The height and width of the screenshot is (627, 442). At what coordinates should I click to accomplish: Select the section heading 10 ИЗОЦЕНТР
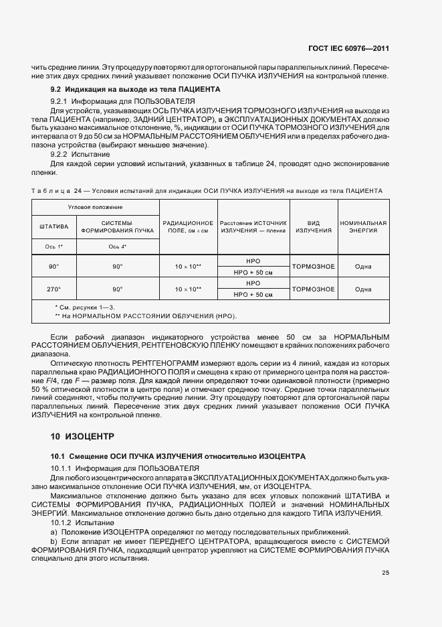pyautogui.click(x=82, y=436)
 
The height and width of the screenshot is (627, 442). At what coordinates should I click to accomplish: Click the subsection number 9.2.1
pyautogui.click(x=63, y=100)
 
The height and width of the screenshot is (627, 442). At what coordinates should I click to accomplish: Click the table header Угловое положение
pyautogui.click(x=96, y=208)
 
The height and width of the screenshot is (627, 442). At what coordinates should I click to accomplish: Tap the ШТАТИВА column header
pyautogui.click(x=55, y=226)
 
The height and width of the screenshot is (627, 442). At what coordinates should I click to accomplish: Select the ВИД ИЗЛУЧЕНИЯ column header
pyautogui.click(x=314, y=226)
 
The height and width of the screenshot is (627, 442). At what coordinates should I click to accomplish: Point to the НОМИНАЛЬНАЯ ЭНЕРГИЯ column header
pyautogui.click(x=363, y=226)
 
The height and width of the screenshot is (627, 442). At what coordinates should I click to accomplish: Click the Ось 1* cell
pyautogui.click(x=54, y=247)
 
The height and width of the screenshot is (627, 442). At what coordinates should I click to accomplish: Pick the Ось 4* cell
pyautogui.click(x=118, y=247)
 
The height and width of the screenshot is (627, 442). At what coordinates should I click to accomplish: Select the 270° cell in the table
pyautogui.click(x=54, y=289)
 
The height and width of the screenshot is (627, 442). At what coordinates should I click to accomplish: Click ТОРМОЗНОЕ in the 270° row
pyautogui.click(x=314, y=289)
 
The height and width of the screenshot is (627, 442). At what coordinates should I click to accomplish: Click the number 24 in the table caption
pyautogui.click(x=78, y=191)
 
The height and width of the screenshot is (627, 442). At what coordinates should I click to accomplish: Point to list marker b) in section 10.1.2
pyautogui.click(x=55, y=539)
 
